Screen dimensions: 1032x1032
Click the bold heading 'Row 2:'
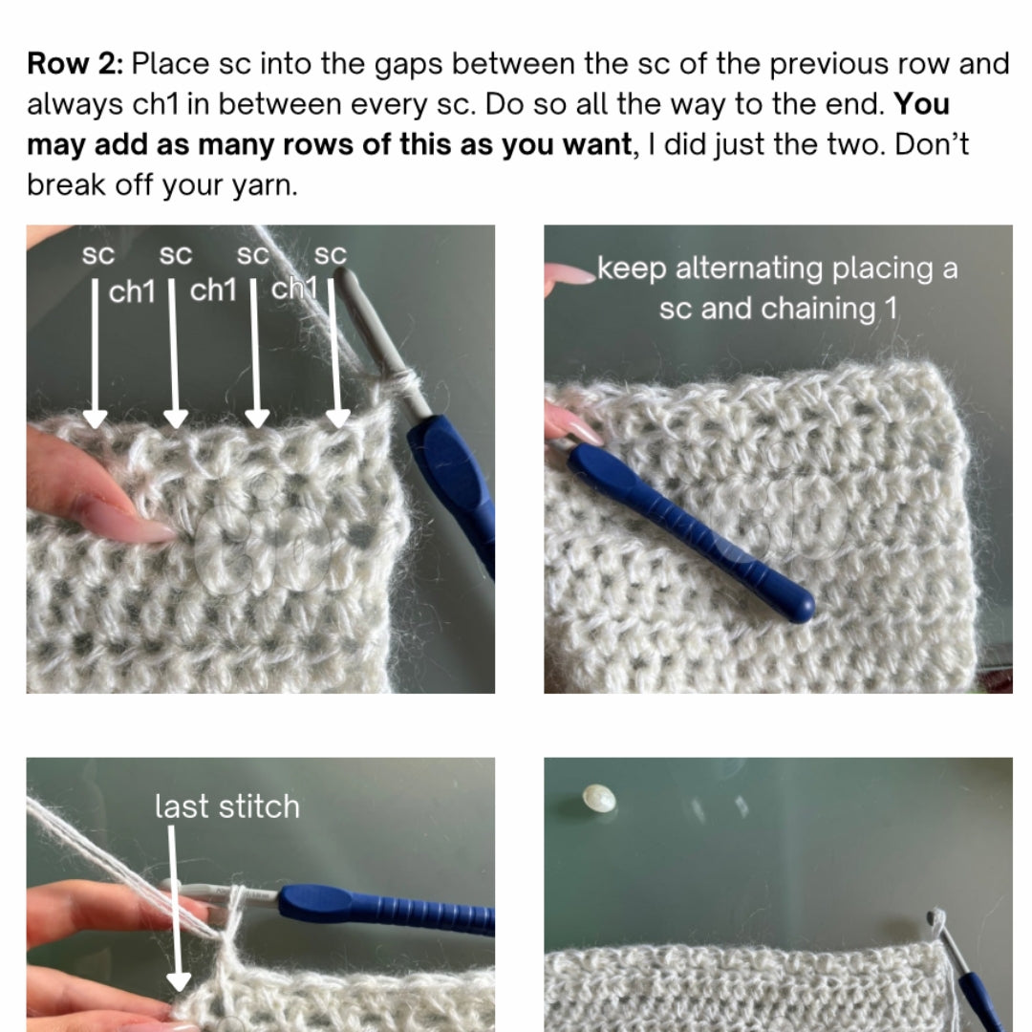point(75,64)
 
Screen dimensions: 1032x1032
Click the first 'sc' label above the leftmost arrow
point(98,255)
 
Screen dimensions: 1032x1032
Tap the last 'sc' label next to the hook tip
point(330,255)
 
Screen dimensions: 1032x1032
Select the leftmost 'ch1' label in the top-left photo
point(132,291)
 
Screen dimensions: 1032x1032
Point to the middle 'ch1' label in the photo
point(213,290)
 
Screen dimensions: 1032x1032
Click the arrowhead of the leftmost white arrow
point(95,419)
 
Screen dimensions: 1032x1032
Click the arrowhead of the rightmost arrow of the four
point(337,419)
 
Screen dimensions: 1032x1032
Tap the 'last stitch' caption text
point(227,806)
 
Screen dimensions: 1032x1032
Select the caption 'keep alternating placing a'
point(777,269)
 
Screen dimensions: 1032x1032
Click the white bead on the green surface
point(599,799)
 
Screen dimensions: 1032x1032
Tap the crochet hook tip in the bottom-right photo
point(935,916)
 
